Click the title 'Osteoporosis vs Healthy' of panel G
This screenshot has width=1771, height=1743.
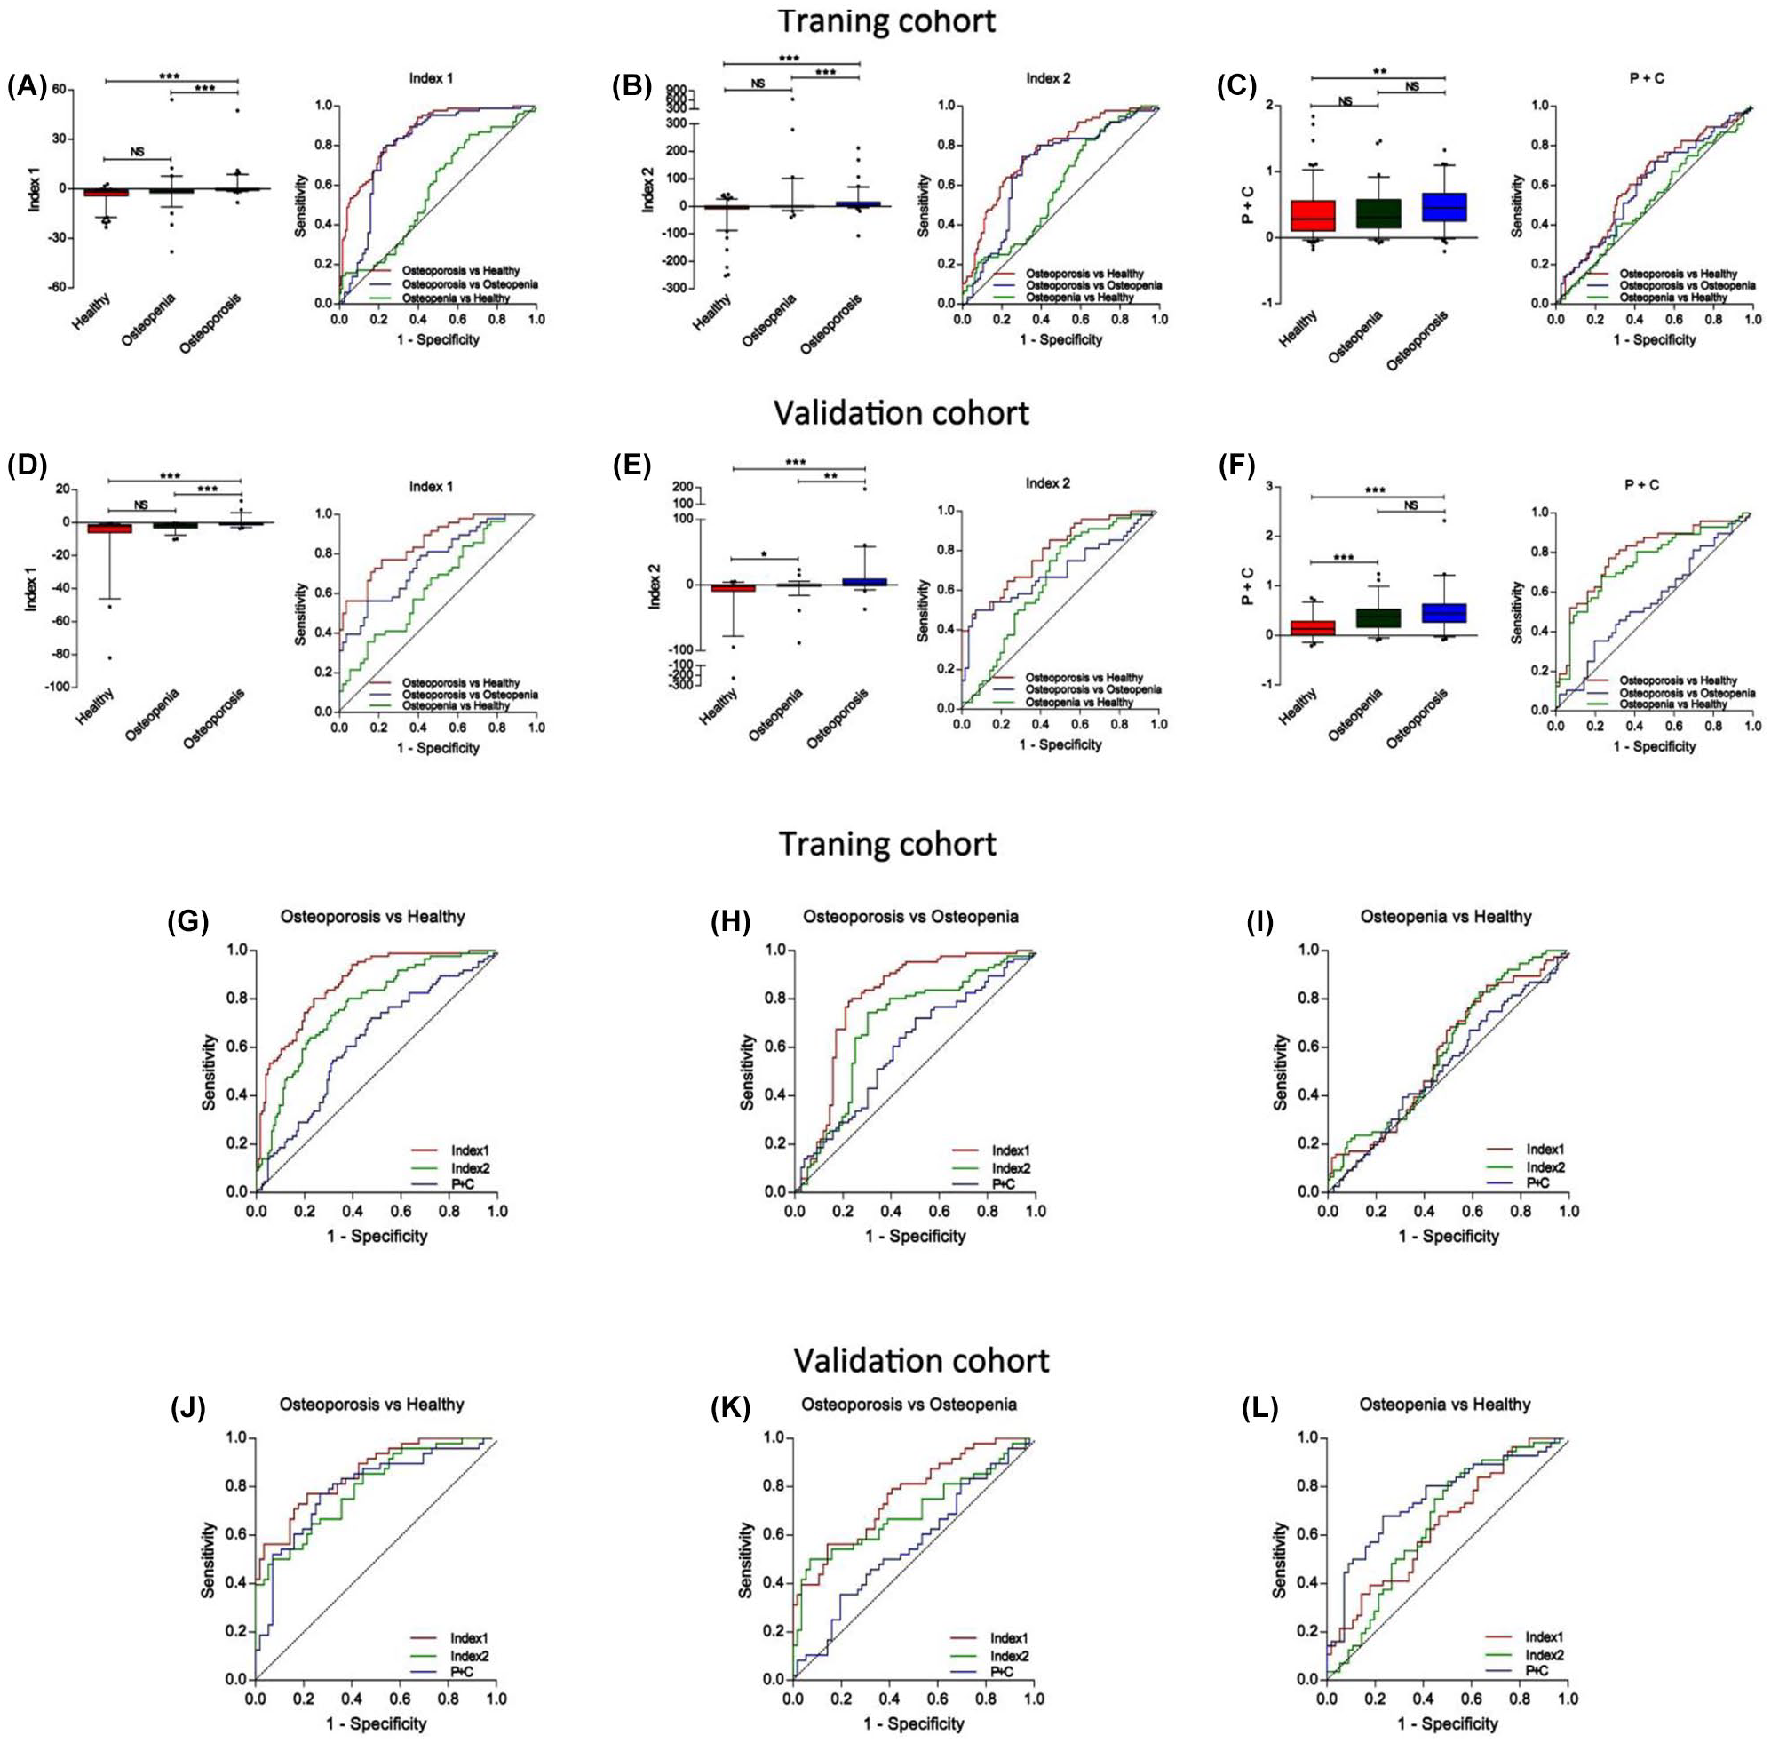click(372, 916)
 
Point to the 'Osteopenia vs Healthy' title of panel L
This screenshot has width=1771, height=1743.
click(1445, 1405)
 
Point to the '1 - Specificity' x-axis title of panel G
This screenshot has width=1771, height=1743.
click(377, 1236)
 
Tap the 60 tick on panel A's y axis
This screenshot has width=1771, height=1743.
click(60, 89)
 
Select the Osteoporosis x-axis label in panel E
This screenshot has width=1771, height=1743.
click(839, 717)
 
